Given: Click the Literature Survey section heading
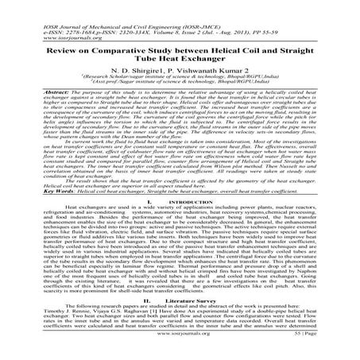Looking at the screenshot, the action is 187,299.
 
